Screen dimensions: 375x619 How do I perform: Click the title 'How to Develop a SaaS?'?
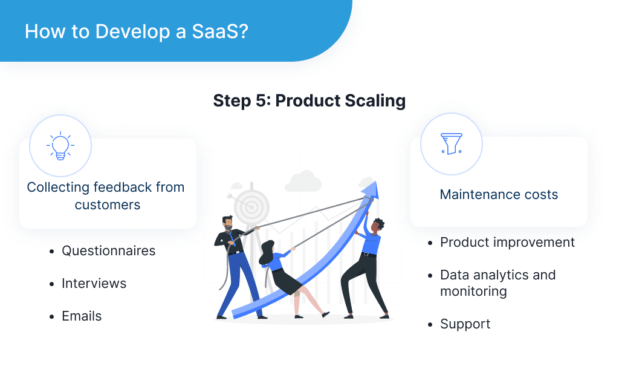(x=136, y=31)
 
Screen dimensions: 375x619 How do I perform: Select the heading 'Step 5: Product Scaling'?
(x=309, y=100)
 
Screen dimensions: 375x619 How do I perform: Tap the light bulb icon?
(x=60, y=146)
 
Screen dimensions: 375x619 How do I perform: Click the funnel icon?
(x=451, y=144)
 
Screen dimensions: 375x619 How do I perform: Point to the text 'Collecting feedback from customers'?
(x=106, y=196)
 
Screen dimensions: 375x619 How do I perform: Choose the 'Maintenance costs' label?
(x=499, y=195)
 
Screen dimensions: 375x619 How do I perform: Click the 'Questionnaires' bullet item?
(x=108, y=250)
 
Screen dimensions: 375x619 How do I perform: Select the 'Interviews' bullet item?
(x=94, y=283)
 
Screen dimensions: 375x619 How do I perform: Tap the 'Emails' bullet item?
(x=82, y=316)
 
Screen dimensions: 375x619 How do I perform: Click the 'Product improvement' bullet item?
(x=507, y=242)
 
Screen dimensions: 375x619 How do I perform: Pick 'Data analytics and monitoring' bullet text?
(x=497, y=282)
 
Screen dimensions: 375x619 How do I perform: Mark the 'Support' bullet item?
(x=465, y=324)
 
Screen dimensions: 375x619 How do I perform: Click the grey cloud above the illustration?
(x=302, y=180)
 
